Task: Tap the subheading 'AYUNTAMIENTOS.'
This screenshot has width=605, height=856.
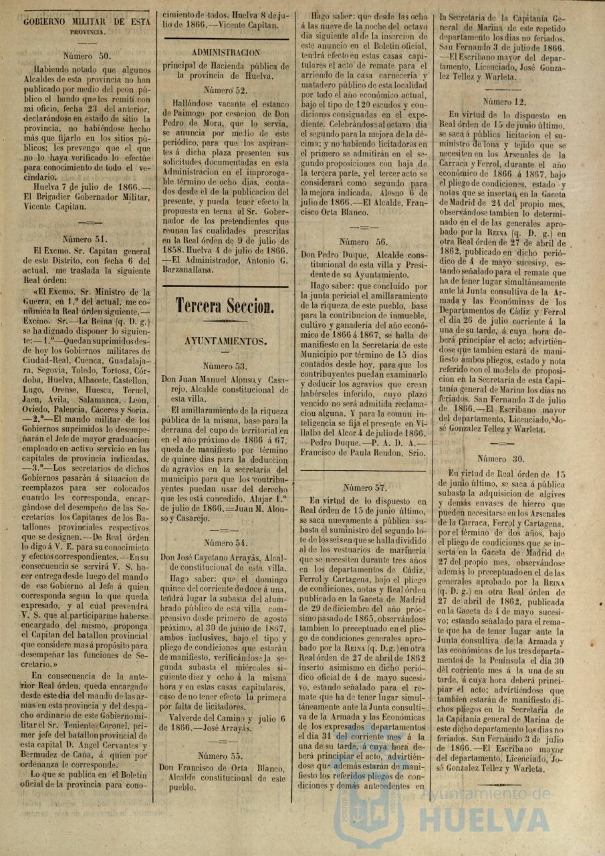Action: [225, 340]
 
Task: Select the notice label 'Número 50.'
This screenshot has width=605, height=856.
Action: [86, 56]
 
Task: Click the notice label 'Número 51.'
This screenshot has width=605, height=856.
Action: [86, 238]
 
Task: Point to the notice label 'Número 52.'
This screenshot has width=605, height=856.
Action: [225, 89]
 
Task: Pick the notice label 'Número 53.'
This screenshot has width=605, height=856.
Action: [225, 366]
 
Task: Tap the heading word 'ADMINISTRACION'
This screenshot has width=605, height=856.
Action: [225, 52]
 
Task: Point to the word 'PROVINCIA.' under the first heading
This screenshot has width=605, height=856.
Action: [86, 31]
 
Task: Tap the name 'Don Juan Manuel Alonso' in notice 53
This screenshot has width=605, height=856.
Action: [211, 379]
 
